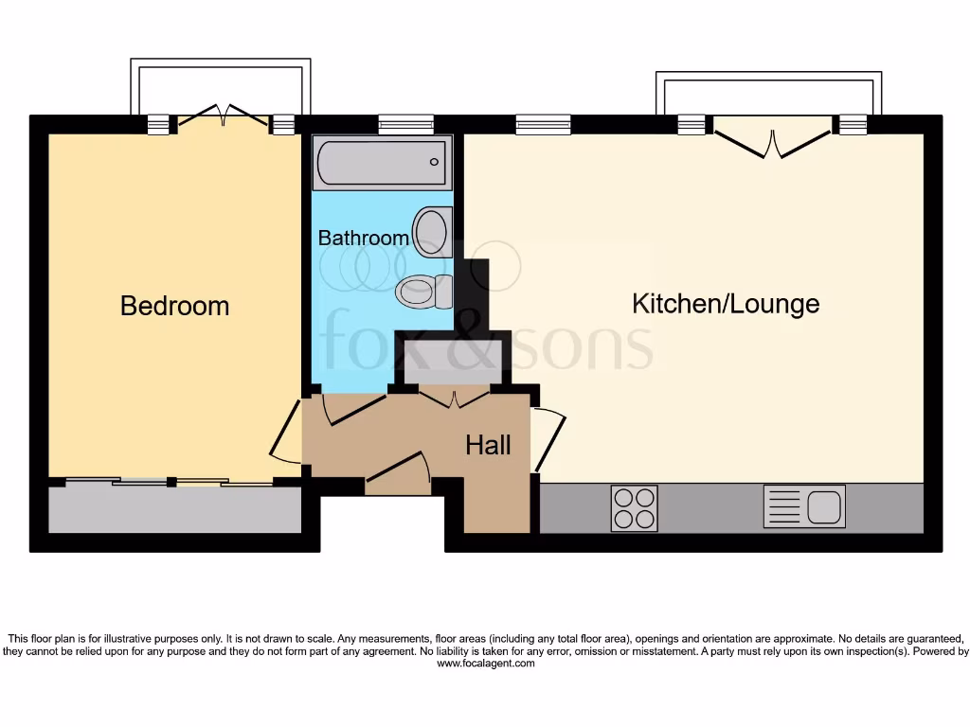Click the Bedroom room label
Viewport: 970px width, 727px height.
click(174, 306)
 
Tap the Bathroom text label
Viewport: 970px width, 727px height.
click(363, 238)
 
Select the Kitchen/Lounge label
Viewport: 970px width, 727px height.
click(725, 304)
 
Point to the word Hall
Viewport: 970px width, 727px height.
click(488, 445)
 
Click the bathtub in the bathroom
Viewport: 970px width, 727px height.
click(382, 163)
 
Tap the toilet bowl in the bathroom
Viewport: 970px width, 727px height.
click(418, 291)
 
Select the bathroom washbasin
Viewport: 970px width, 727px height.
click(432, 230)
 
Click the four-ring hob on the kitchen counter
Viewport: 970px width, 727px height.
click(634, 507)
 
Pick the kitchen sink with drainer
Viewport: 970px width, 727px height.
click(803, 506)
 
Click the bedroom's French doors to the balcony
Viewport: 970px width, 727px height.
click(223, 117)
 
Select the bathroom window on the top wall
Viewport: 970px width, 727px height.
click(405, 124)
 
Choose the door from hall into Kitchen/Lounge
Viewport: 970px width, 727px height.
click(549, 438)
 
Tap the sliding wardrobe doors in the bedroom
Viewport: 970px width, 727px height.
click(171, 483)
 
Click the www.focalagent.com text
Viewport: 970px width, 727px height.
click(485, 664)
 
